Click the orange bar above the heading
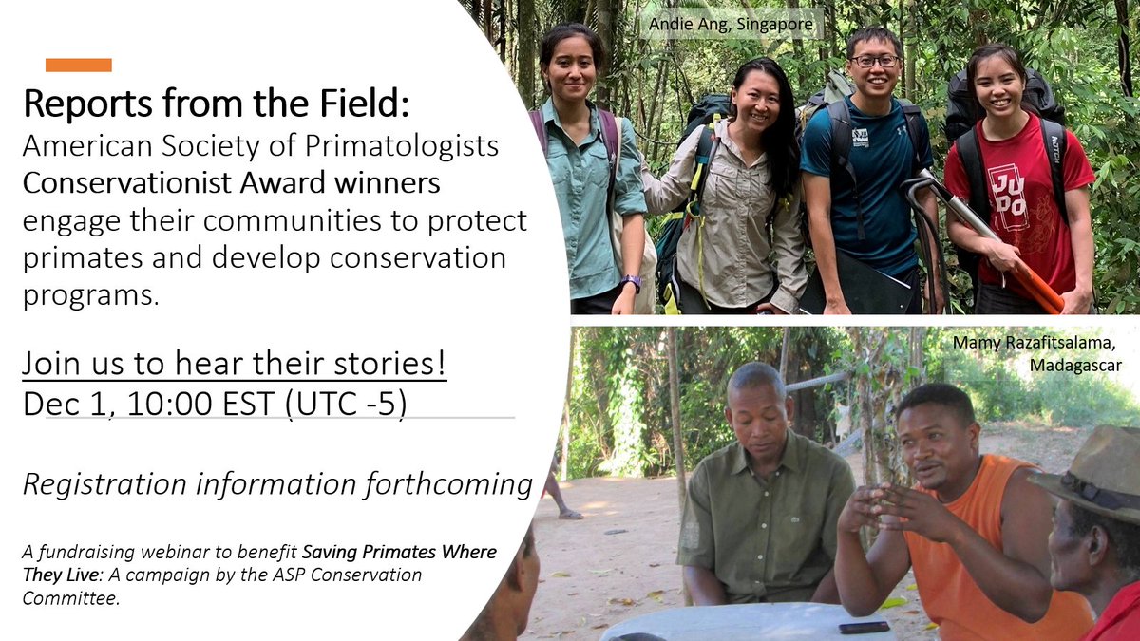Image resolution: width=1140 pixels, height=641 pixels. click(79, 66)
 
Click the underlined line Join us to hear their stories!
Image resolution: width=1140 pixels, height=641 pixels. click(235, 364)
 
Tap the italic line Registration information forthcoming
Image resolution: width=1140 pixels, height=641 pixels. click(277, 484)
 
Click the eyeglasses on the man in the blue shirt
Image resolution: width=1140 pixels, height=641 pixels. click(874, 61)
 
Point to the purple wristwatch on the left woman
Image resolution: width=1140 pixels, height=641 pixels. click(632, 282)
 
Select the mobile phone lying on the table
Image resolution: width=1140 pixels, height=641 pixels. click(863, 628)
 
